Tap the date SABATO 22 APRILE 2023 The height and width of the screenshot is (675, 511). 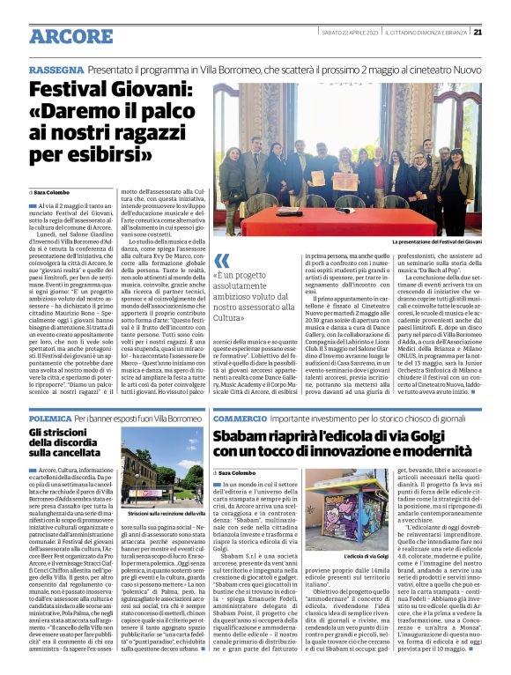click(x=350, y=33)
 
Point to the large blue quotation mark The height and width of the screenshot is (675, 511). click(x=222, y=260)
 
